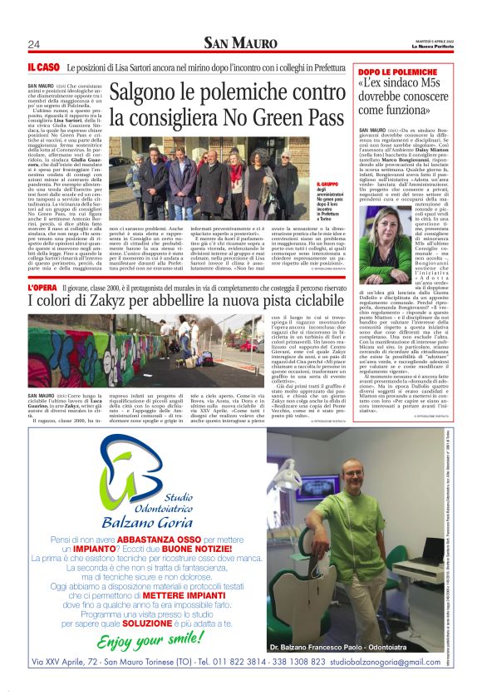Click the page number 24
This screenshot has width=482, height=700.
click(x=34, y=44)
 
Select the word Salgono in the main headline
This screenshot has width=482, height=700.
click(x=148, y=94)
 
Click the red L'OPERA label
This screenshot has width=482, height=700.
click(x=44, y=286)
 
